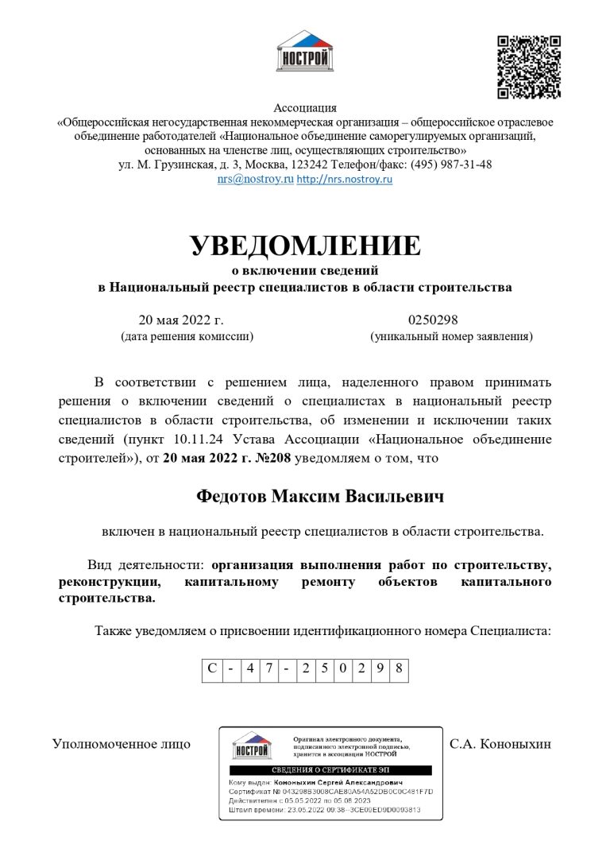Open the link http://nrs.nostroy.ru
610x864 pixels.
tap(344, 180)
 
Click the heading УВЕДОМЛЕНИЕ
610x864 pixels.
tap(305, 246)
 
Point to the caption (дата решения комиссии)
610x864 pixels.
tap(187, 337)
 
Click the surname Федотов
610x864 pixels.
tap(232, 496)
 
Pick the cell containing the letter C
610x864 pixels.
tap(212, 668)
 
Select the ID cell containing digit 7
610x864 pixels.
tap(269, 668)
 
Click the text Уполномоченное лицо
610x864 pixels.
tap(122, 745)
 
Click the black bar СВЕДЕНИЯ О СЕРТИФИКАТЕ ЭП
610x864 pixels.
tap(330, 770)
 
